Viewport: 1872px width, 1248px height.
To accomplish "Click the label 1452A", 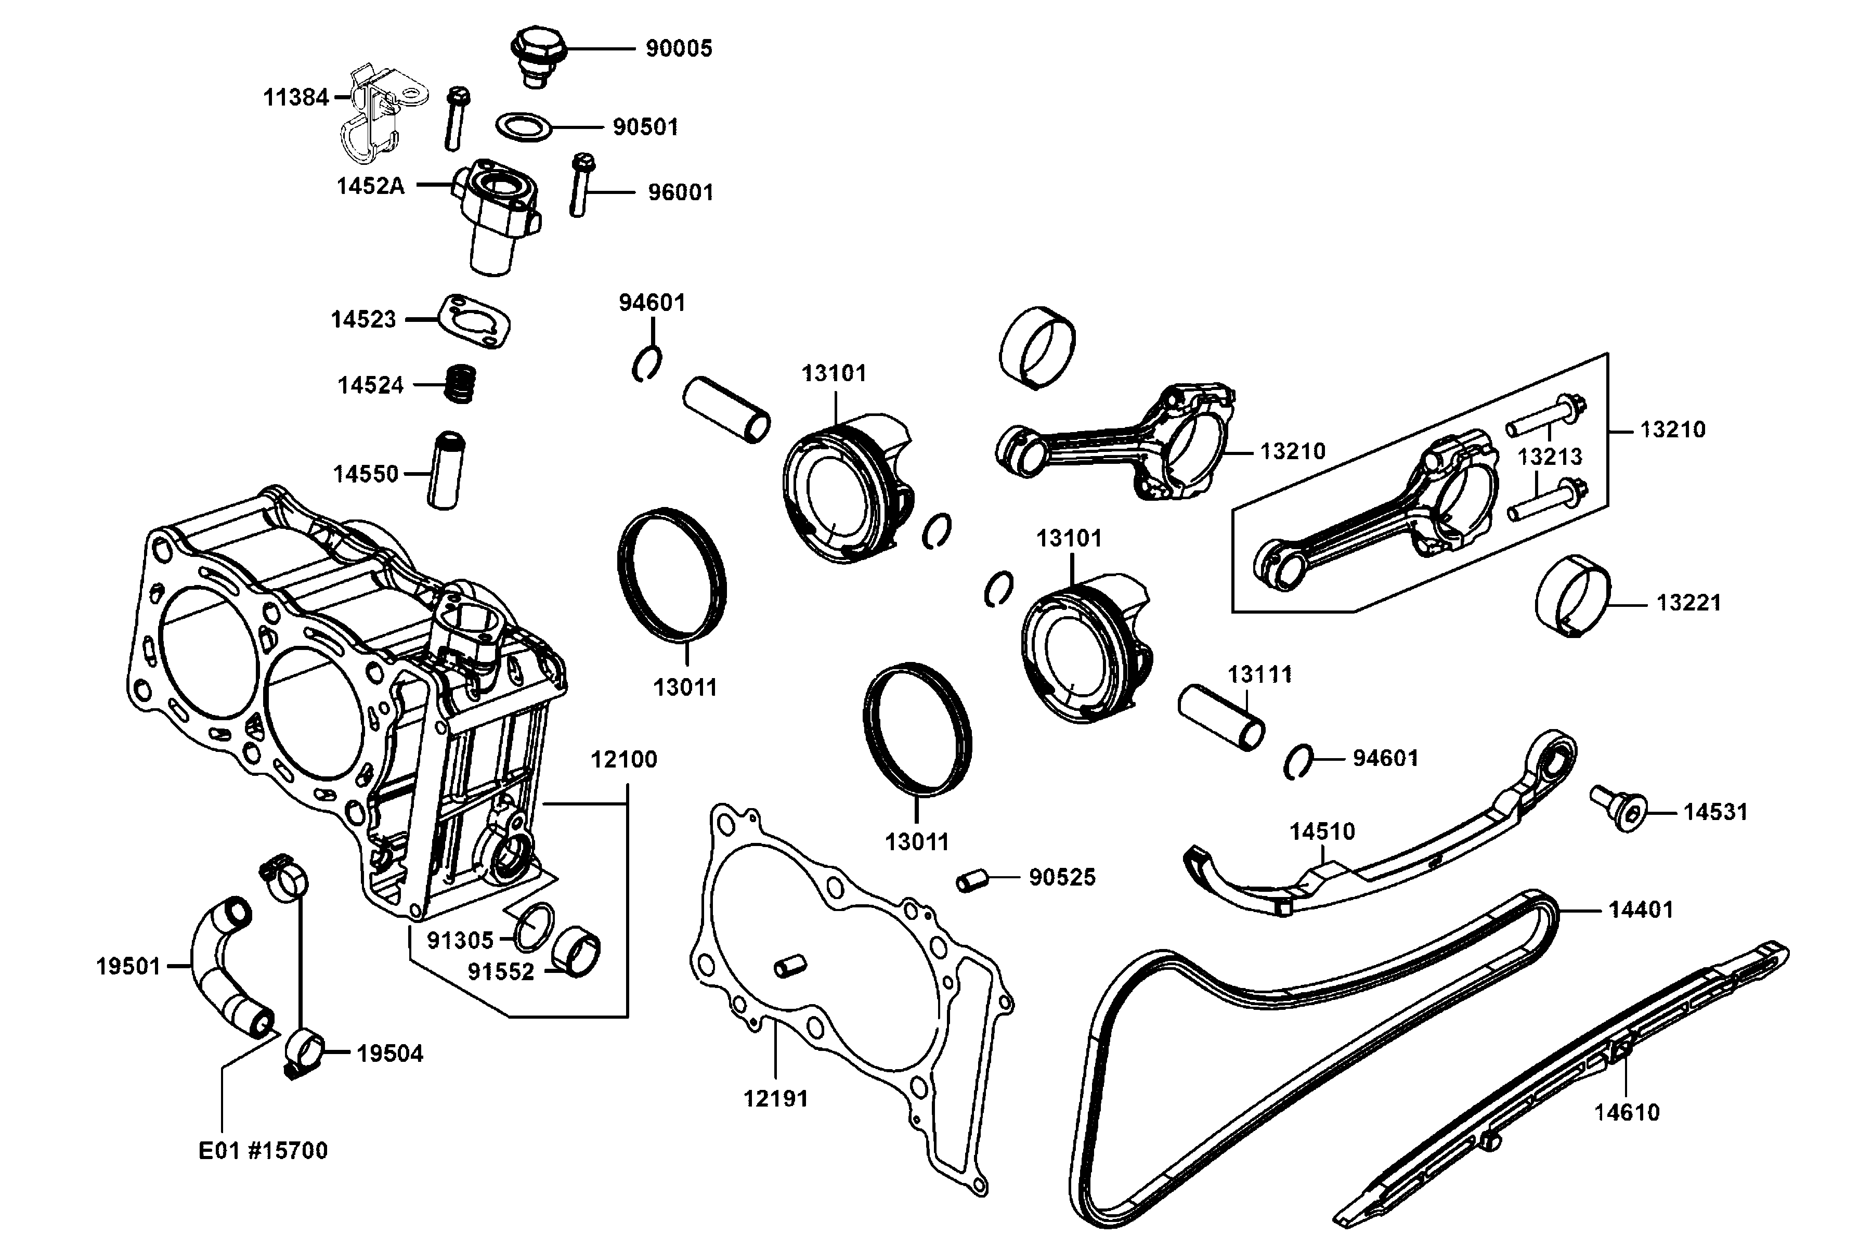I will click(x=370, y=186).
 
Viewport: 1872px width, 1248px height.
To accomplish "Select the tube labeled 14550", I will click(x=446, y=471).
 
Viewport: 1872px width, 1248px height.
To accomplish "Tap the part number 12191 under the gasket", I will click(x=775, y=1099).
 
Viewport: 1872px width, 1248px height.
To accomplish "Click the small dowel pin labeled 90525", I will click(x=971, y=881).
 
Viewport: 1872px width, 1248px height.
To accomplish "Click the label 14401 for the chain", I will click(x=1641, y=909).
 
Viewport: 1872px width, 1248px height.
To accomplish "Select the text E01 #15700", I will click(x=263, y=1151).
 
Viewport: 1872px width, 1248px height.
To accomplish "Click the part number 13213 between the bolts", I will click(x=1549, y=457).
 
